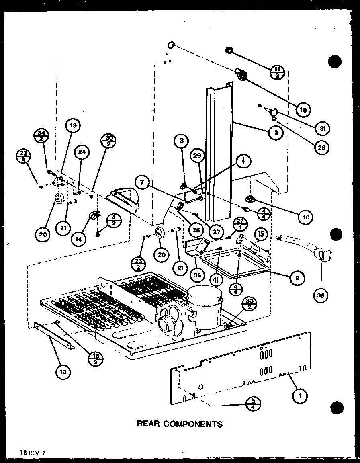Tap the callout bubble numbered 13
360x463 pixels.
[x=63, y=372]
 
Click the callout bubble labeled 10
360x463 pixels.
[x=305, y=217]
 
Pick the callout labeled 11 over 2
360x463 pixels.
[x=278, y=72]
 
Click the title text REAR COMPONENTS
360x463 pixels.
[x=180, y=424]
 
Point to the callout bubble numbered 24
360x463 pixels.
[x=82, y=152]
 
